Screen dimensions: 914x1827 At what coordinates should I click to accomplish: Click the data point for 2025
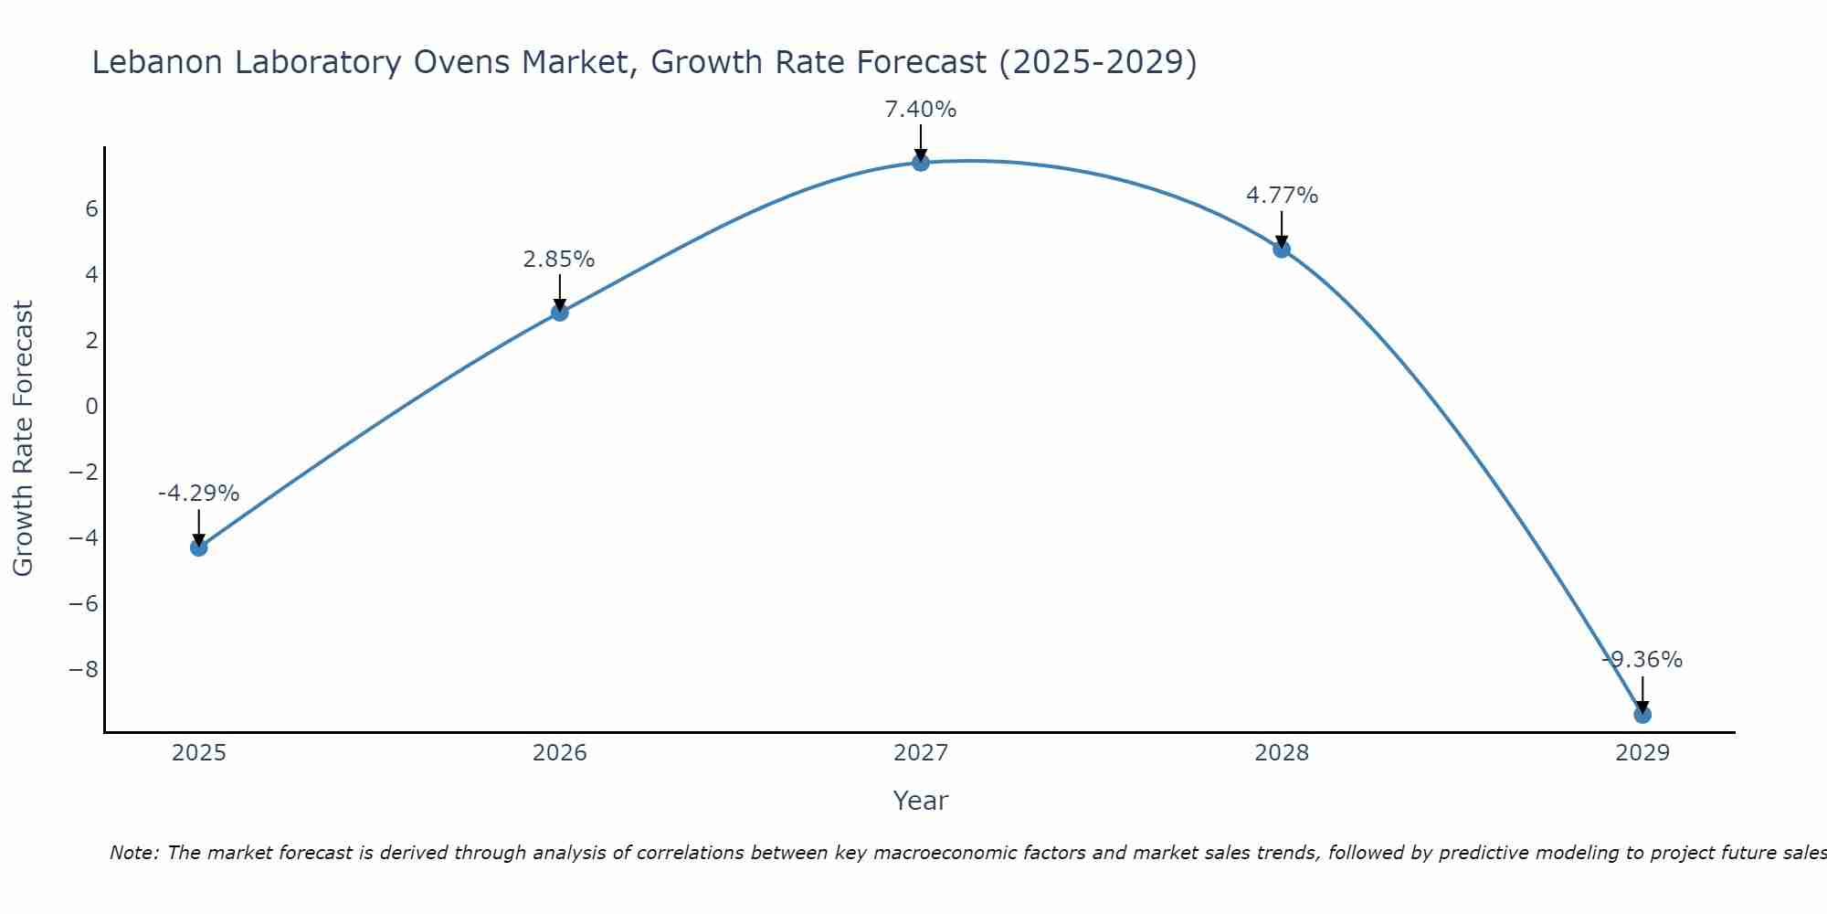coord(198,547)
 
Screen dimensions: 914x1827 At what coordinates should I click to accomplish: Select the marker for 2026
coord(560,313)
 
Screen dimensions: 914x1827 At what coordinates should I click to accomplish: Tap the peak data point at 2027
coord(921,163)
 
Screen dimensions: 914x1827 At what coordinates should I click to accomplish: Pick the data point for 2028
coord(1282,249)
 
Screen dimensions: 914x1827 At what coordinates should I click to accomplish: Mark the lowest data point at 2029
coord(1642,715)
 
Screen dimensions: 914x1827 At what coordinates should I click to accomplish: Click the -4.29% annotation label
coord(198,494)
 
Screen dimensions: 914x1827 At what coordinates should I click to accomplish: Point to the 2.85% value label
coord(559,260)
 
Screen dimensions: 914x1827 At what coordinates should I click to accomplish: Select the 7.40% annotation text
coord(921,110)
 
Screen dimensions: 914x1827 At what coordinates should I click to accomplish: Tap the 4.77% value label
coord(1282,196)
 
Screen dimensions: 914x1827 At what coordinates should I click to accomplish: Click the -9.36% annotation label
coord(1642,660)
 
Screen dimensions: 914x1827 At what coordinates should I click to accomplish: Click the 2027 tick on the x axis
coord(921,753)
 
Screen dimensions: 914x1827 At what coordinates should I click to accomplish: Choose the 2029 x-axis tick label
coord(1642,753)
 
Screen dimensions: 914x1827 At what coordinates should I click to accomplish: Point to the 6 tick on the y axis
coord(91,209)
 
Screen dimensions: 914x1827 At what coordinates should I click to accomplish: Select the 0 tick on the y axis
coord(91,407)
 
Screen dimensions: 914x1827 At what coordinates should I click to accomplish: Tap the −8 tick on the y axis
coord(84,670)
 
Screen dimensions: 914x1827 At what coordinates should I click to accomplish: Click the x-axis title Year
coord(921,801)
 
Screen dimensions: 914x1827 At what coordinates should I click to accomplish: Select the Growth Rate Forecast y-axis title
coord(23,439)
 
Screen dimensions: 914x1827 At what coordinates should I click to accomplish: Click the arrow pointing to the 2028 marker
coord(1282,230)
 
